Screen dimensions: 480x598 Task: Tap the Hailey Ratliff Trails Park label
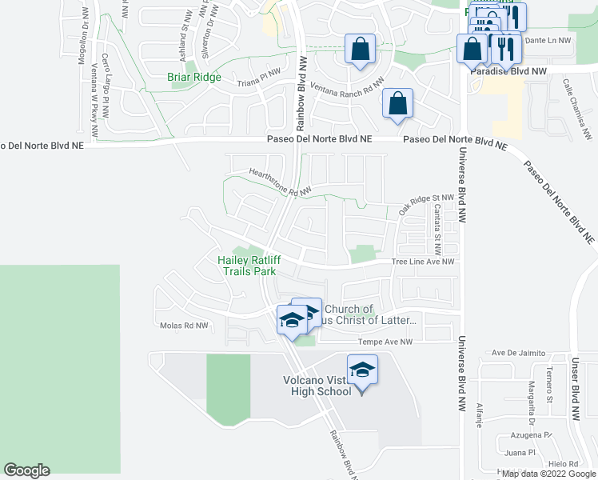(x=247, y=266)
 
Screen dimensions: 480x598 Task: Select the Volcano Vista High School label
(x=318, y=386)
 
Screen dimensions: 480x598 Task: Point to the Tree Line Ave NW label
(x=423, y=262)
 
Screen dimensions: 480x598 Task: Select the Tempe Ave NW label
(x=385, y=342)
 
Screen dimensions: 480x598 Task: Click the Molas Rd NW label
(x=184, y=326)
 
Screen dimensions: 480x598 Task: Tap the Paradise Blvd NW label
(x=508, y=71)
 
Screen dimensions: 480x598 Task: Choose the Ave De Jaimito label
(x=518, y=353)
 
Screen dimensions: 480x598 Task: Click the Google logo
(x=27, y=470)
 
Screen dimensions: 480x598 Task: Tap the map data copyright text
(x=548, y=474)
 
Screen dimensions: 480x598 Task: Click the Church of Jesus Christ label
(x=368, y=314)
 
